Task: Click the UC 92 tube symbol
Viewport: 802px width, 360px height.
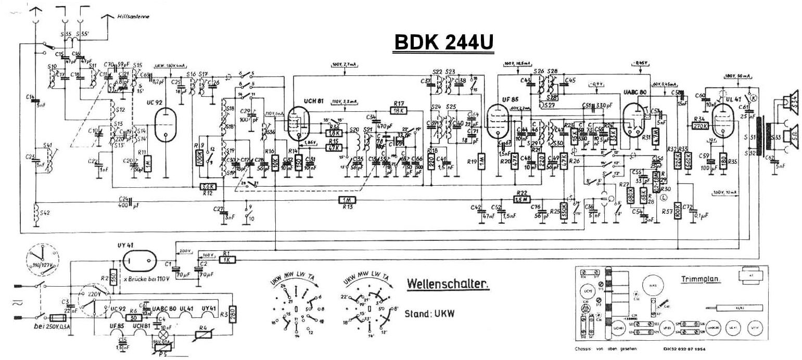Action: point(166,125)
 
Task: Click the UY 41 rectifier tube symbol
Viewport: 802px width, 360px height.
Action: point(141,256)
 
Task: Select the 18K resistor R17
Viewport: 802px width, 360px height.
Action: point(399,110)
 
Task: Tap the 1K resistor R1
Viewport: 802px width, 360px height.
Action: point(227,259)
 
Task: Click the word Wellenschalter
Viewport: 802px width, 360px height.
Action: point(448,284)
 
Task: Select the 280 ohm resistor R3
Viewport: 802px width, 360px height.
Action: point(233,314)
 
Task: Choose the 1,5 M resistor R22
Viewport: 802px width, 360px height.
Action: point(522,198)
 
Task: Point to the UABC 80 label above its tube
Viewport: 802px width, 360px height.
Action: point(635,93)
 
